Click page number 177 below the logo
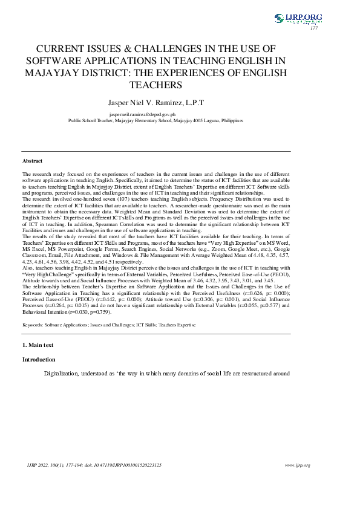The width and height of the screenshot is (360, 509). [314, 28]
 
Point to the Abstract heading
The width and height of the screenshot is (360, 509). [33, 161]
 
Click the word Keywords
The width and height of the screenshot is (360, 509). [32, 325]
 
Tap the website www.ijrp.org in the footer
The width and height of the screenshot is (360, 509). [297, 465]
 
